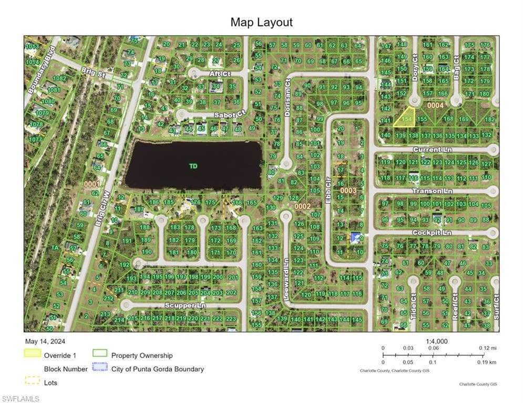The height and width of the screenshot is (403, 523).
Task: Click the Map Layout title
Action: [x=261, y=22]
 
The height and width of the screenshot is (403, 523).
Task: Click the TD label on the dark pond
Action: [x=193, y=166]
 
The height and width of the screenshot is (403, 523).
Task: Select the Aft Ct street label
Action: [x=220, y=74]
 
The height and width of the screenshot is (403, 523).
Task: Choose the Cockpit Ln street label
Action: [x=432, y=232]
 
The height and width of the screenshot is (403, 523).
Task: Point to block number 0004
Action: [x=436, y=105]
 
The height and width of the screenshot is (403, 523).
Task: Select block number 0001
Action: [x=91, y=184]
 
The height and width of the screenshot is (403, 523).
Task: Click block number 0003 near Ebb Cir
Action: [x=348, y=190]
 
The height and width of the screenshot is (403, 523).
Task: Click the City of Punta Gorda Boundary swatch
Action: [x=100, y=368]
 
